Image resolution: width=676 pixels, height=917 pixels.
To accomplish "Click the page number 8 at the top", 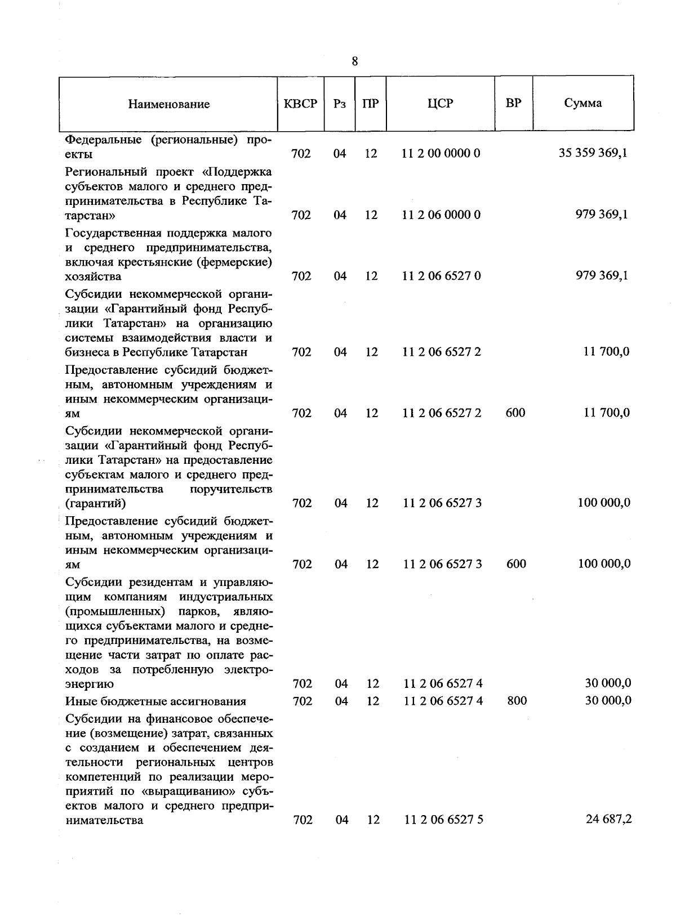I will pos(354,61).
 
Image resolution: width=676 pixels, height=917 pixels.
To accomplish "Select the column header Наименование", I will pos(168,104).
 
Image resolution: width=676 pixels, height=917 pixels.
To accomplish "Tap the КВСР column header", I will pos(300,104).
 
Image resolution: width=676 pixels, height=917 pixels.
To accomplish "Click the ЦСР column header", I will pos(440,104).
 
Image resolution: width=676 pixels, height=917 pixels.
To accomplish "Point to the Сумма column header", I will pos(582,103).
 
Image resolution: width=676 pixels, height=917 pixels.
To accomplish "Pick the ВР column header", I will pos(513,103).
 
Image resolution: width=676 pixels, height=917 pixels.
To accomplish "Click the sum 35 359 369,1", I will pos(593,153).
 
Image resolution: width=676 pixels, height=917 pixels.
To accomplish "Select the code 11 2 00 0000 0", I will pos(441,153).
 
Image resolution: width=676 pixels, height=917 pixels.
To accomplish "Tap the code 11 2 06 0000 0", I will pos(441,214).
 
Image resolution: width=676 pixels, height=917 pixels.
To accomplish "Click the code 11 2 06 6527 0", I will pos(441,276).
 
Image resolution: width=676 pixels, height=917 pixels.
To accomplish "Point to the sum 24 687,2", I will pos(608,819).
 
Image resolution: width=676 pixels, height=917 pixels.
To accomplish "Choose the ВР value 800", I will pos(517,701).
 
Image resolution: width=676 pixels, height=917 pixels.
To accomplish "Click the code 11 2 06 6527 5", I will pos(443,820).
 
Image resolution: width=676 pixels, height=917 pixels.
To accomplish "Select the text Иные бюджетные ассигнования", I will pos(156,701).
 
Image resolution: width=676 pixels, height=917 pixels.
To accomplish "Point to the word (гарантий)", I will pos(95,503).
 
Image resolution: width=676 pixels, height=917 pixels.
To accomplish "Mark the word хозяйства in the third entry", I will pos(93,276).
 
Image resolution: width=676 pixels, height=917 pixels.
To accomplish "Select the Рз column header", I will pos(339,104).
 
